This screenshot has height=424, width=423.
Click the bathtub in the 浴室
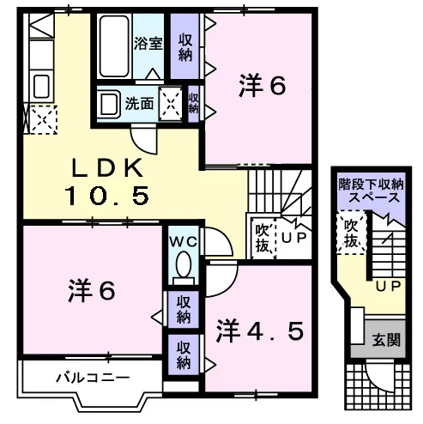(114, 46)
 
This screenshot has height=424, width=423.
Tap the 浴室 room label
(148, 44)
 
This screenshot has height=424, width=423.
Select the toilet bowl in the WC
(184, 264)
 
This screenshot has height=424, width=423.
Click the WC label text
(183, 243)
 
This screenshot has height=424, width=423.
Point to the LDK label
(107, 168)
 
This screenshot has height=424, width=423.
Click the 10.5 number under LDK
(107, 196)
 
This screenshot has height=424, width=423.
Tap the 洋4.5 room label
(259, 331)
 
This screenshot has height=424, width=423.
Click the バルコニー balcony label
(93, 378)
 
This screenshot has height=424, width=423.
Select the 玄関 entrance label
(386, 341)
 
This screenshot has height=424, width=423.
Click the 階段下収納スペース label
(372, 191)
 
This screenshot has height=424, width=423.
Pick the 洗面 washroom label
(139, 104)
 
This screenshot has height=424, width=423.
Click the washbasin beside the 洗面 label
(108, 105)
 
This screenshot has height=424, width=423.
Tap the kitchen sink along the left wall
(42, 86)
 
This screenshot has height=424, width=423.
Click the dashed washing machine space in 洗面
(171, 104)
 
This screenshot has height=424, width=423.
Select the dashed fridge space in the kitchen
(44, 119)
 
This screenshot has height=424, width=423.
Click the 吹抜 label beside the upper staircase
(263, 238)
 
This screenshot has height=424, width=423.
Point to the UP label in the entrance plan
(388, 286)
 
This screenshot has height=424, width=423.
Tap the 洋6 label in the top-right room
(263, 85)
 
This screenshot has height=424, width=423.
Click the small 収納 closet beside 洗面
(194, 104)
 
